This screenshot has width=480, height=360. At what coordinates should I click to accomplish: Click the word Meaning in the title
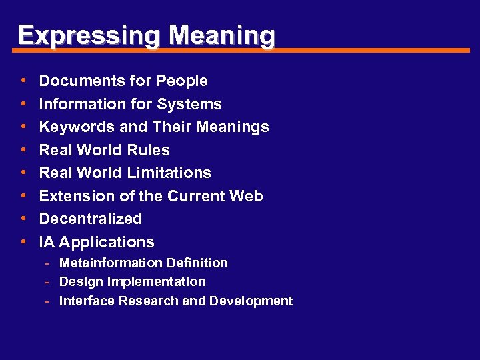(221, 35)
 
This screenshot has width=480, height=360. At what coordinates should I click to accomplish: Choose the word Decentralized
(91, 219)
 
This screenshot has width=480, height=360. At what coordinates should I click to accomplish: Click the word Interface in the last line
(87, 301)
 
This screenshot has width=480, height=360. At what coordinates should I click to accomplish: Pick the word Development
(251, 301)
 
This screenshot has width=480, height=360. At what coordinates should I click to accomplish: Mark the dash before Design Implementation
(47, 282)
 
